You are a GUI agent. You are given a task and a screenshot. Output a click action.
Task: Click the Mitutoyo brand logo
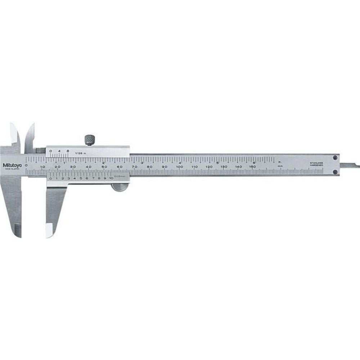click(x=13, y=165)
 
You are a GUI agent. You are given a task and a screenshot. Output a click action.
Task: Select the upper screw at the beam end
click(x=335, y=157)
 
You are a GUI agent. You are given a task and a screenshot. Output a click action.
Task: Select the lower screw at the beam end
click(x=335, y=172)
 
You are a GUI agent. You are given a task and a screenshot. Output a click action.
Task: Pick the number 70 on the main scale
click(x=135, y=167)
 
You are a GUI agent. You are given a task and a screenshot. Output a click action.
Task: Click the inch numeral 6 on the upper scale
click(x=255, y=162)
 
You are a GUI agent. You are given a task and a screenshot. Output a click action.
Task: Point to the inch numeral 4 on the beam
click(x=179, y=162)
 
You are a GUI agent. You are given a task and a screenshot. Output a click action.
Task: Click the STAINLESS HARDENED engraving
click(x=316, y=165)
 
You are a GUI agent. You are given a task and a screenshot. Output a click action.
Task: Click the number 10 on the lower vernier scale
click(x=111, y=178)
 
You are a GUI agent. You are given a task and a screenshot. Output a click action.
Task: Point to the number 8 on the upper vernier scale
click(x=67, y=151)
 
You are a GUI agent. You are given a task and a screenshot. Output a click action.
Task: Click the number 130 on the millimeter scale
click(x=224, y=167)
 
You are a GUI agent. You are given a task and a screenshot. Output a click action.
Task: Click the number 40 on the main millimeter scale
click(x=89, y=167)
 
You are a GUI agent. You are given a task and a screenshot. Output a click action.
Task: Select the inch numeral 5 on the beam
click(x=217, y=162)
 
